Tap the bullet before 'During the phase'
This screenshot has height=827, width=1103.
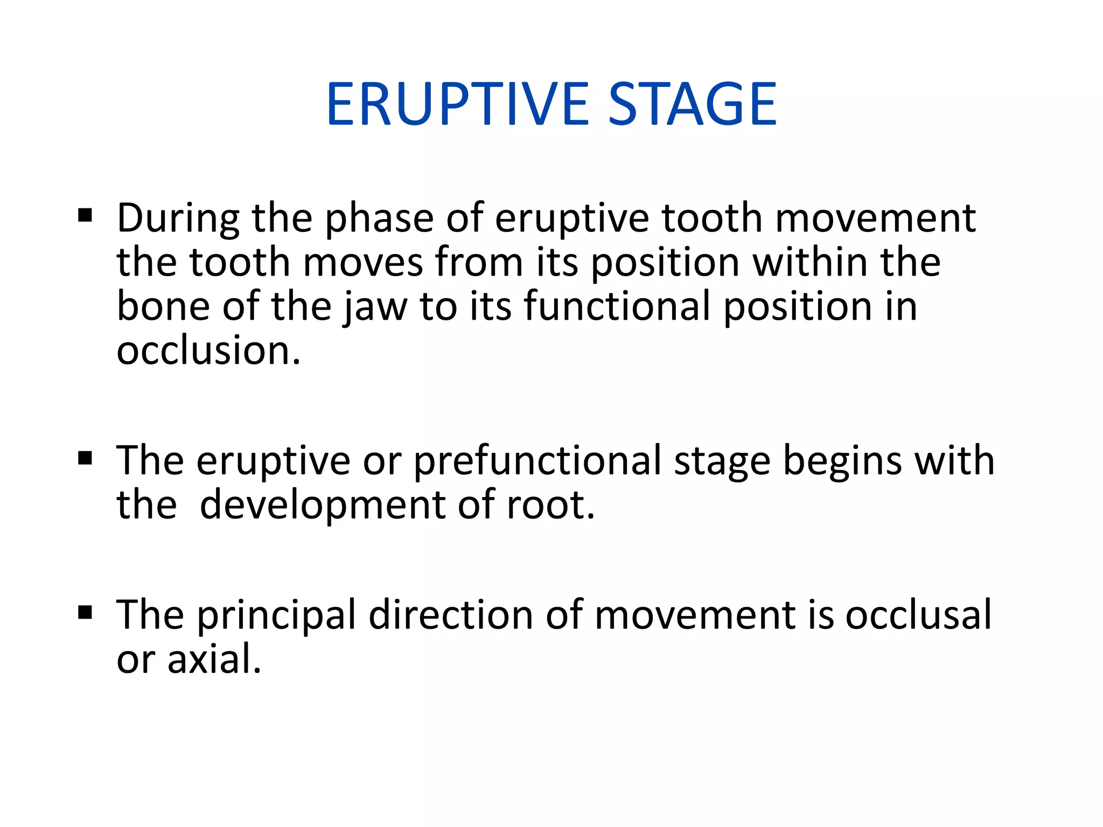(x=85, y=216)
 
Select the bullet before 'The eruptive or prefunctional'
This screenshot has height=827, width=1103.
(x=85, y=458)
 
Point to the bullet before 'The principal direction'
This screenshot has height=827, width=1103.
(x=85, y=612)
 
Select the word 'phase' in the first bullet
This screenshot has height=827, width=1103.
(x=379, y=219)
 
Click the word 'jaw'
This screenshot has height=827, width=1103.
(x=376, y=307)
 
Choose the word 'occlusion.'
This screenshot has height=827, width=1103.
(x=208, y=351)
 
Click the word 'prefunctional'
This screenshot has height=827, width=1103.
(x=537, y=461)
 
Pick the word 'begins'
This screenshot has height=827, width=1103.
(x=842, y=461)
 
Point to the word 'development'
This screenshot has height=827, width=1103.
(x=323, y=506)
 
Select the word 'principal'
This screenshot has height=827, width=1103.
(x=276, y=615)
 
